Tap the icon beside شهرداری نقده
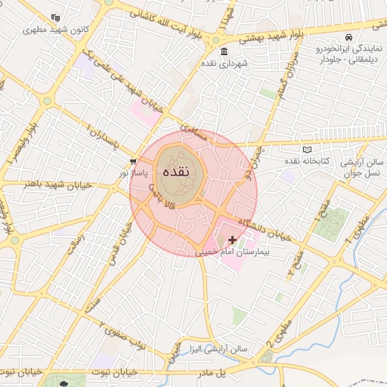point(224,52)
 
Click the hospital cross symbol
point(232,240)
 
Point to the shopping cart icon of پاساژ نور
point(133,161)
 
